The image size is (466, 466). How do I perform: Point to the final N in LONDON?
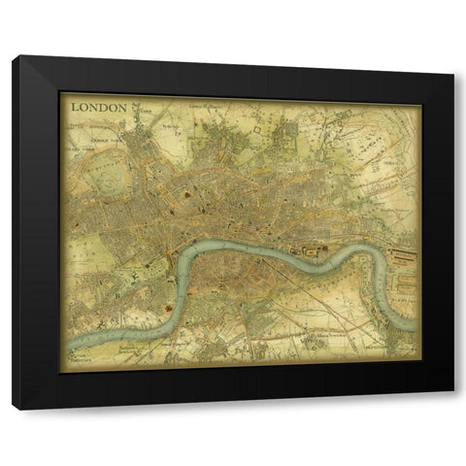pyautogui.click(x=122, y=107)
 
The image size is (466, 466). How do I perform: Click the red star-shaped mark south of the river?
pyautogui.click(x=171, y=310)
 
